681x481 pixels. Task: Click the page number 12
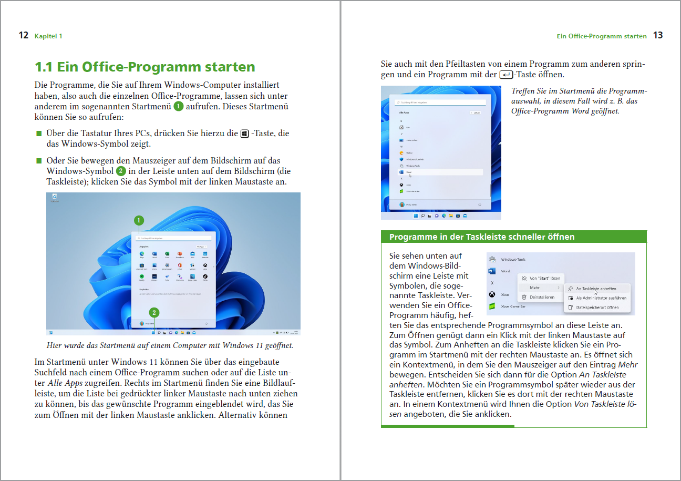[x=23, y=36]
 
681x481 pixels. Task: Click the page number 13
[x=658, y=36]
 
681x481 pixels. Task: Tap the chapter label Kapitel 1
[x=48, y=36]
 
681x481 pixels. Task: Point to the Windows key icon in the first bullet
[x=244, y=134]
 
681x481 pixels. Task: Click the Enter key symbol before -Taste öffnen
[x=506, y=75]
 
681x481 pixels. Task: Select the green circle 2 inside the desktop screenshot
[x=155, y=312]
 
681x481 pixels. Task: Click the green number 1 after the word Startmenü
[x=179, y=107]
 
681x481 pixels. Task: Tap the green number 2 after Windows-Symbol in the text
[x=121, y=171]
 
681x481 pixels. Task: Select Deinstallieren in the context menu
[x=542, y=298]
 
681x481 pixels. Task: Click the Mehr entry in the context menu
[x=534, y=288]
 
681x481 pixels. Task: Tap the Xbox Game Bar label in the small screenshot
[x=513, y=306]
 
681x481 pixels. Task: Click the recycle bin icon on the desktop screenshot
[x=54, y=197]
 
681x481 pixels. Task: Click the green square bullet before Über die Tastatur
[x=38, y=134]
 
